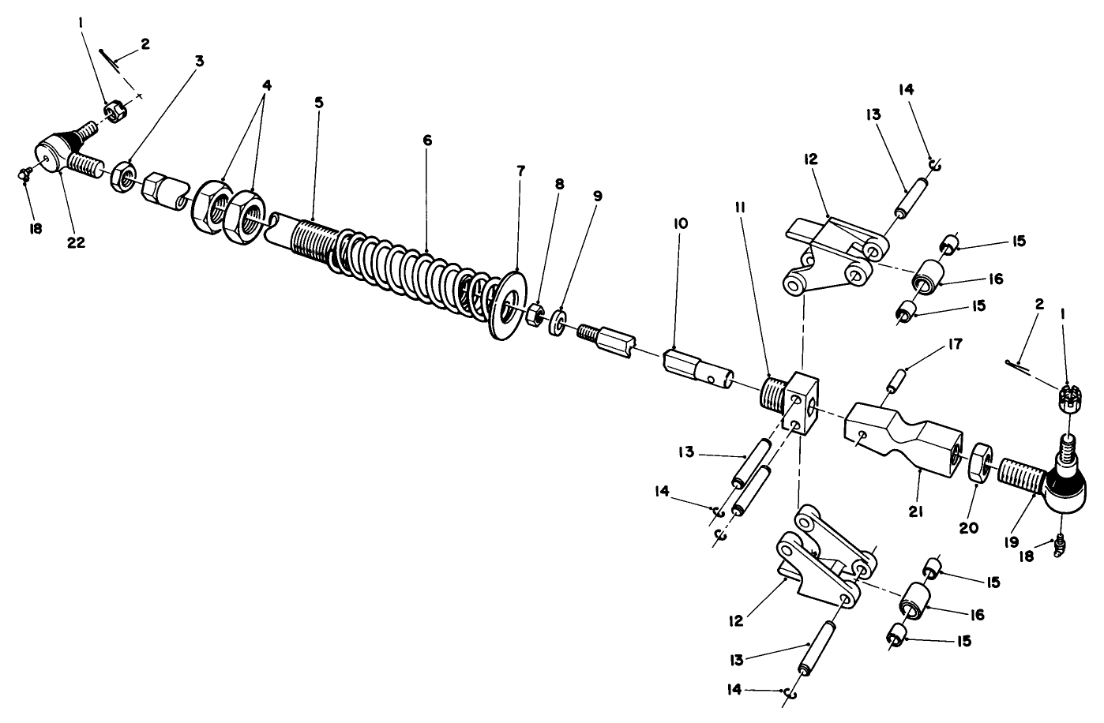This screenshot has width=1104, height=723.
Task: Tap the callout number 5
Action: [318, 103]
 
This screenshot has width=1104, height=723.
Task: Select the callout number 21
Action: [915, 512]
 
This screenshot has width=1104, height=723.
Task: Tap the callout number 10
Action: [681, 223]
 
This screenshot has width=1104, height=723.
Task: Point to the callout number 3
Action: [199, 61]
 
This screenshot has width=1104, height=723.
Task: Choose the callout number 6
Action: [427, 140]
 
